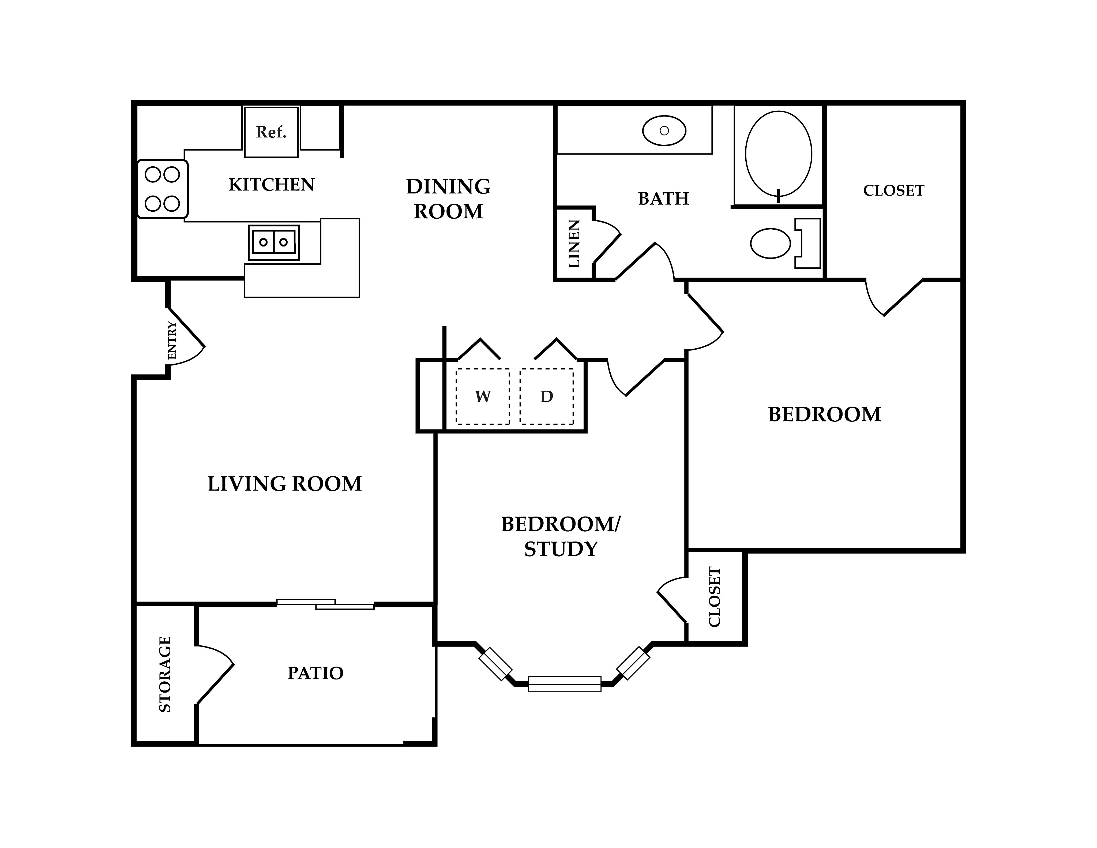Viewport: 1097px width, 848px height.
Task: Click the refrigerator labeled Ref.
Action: click(x=271, y=132)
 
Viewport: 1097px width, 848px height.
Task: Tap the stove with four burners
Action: click(x=162, y=189)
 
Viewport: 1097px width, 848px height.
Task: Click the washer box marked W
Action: click(x=483, y=396)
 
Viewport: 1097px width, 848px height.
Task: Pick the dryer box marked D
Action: click(x=546, y=396)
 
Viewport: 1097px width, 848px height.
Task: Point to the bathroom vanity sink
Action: click(x=664, y=131)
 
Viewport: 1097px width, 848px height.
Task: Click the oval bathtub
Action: click(x=779, y=154)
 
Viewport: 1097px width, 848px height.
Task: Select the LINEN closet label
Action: click(x=574, y=243)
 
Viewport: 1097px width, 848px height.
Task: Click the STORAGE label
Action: click(x=165, y=674)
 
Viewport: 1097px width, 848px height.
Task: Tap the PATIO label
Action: click(x=315, y=673)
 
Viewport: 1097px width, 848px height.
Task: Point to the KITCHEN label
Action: click(x=272, y=185)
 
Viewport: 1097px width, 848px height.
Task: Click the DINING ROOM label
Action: click(x=449, y=199)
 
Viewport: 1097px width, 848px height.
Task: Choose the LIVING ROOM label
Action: click(x=285, y=484)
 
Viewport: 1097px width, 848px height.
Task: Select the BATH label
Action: click(x=663, y=199)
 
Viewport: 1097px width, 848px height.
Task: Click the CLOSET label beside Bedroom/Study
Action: click(x=715, y=597)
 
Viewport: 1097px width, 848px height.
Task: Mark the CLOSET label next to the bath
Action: click(x=893, y=190)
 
